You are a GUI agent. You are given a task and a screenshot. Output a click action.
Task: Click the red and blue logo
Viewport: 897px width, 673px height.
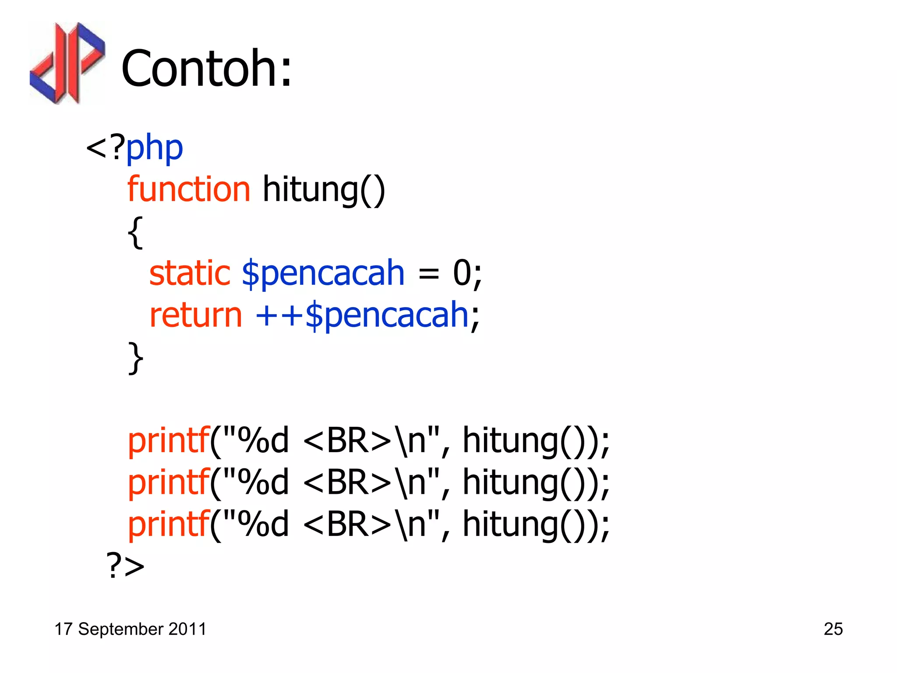[67, 64]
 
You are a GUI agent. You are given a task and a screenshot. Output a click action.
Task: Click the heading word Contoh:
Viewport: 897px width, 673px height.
[206, 68]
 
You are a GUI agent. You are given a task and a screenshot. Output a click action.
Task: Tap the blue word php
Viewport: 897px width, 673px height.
[154, 148]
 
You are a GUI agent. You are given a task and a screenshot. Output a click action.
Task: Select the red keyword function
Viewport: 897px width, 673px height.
[189, 189]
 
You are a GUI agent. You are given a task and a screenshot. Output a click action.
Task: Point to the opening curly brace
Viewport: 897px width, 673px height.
[135, 232]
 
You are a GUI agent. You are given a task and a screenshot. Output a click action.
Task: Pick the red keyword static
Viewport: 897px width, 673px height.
[190, 273]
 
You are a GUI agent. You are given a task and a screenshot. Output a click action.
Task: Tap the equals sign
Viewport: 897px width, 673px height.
[428, 274]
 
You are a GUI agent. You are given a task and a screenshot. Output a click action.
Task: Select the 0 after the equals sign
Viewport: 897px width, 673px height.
[462, 273]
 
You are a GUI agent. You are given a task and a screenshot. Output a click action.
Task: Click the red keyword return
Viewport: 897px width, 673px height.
[195, 315]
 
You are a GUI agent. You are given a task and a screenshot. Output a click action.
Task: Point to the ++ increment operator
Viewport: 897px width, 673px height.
[279, 315]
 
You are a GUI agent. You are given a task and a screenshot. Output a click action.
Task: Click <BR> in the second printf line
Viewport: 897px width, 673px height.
[347, 482]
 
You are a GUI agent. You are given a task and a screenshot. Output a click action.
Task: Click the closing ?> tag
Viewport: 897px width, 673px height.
[125, 566]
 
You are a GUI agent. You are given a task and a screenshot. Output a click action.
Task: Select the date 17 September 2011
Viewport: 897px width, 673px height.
[130, 629]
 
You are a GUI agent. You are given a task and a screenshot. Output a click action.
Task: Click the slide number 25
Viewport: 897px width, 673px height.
[833, 629]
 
